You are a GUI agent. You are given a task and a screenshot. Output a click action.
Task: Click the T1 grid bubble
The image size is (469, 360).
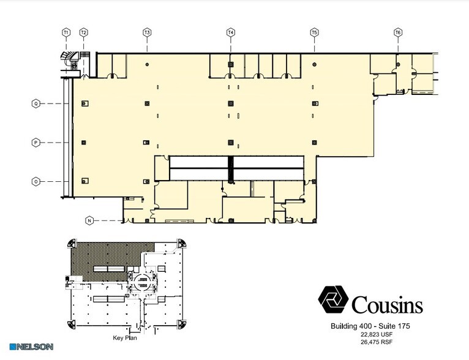(x=66, y=32)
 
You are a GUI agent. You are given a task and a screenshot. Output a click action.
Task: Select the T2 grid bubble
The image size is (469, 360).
(x=84, y=32)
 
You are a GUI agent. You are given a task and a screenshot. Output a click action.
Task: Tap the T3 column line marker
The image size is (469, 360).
(x=147, y=32)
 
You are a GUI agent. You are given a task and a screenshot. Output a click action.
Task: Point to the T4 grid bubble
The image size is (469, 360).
(x=231, y=32)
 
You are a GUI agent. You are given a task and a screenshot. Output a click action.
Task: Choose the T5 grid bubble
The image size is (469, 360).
(x=314, y=32)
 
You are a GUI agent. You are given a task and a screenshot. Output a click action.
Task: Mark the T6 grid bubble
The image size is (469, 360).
(x=398, y=32)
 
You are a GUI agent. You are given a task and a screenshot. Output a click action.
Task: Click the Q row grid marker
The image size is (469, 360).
(x=36, y=103)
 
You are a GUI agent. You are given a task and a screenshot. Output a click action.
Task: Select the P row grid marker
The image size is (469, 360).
(x=36, y=143)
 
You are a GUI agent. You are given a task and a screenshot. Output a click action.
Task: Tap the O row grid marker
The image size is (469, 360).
(x=36, y=181)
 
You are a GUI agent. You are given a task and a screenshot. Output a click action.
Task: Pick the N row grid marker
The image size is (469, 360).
(x=89, y=220)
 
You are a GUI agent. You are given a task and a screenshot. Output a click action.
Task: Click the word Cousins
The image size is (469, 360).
(x=387, y=303)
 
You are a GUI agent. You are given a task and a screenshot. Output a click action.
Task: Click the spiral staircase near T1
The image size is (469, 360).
(x=69, y=59)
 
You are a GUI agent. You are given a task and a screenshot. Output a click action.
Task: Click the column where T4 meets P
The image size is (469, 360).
(x=231, y=143)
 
